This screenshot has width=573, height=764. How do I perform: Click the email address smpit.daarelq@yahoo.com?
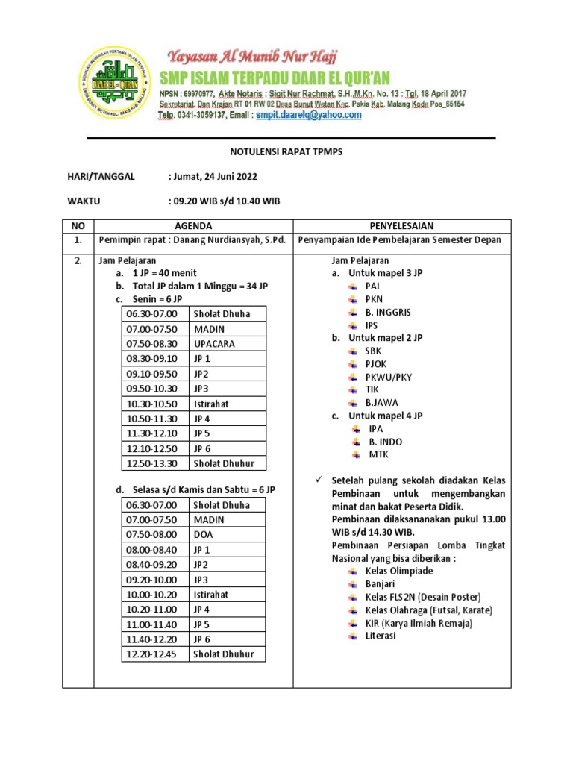(x=309, y=116)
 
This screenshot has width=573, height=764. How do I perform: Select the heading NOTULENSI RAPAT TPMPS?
(x=286, y=152)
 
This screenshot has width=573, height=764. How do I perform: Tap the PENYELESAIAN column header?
(x=401, y=226)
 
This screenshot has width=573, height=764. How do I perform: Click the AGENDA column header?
(x=193, y=226)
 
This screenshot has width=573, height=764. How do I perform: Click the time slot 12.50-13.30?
(x=152, y=463)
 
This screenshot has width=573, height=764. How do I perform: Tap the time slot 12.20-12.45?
(x=152, y=654)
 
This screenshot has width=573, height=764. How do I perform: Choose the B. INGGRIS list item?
(x=388, y=312)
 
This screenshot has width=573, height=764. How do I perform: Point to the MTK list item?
(x=379, y=454)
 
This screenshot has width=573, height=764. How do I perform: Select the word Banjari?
(x=381, y=584)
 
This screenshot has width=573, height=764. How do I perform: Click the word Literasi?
(x=381, y=636)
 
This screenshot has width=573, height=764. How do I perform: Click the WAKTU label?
(x=84, y=201)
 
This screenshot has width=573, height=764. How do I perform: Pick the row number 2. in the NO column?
(x=78, y=261)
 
